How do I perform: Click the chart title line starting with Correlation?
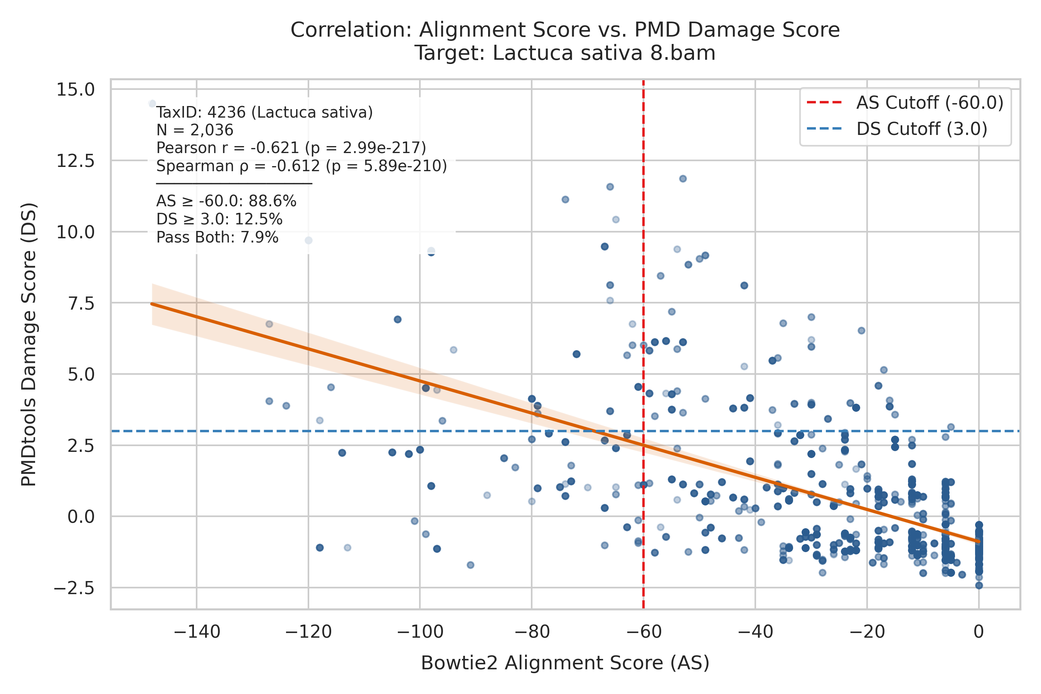click(x=565, y=30)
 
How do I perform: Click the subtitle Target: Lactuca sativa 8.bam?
click(x=565, y=53)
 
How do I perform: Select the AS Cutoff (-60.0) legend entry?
click(x=905, y=103)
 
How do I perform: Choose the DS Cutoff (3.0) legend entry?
click(x=897, y=129)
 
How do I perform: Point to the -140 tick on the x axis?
click(x=197, y=632)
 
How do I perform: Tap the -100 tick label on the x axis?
click(x=420, y=632)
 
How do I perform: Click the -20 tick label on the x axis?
click(x=867, y=632)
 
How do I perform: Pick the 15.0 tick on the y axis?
click(x=75, y=89)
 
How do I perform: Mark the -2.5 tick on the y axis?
click(x=74, y=588)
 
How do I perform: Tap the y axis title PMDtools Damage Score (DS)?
click(x=29, y=345)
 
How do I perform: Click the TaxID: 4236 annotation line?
click(x=264, y=113)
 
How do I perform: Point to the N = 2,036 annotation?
click(x=195, y=130)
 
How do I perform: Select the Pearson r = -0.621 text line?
click(x=291, y=148)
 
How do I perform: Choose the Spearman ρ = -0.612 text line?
click(x=302, y=166)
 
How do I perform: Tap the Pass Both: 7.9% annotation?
click(x=217, y=238)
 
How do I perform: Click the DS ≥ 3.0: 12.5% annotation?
click(x=219, y=219)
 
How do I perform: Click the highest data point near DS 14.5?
click(x=152, y=104)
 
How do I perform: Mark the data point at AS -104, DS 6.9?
click(x=398, y=320)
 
